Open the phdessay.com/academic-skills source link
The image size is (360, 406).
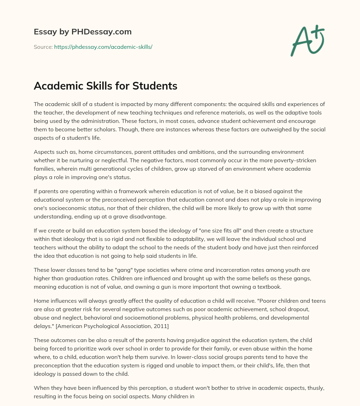[x=103, y=46]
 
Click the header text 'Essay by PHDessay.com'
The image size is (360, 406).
[x=83, y=32]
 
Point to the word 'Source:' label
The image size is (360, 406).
[x=43, y=46]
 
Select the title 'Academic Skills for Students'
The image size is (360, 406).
[x=105, y=86]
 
